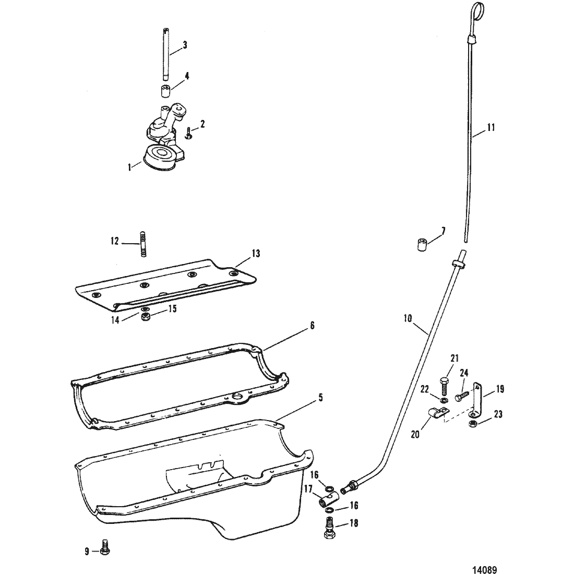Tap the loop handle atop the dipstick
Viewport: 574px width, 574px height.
[477, 9]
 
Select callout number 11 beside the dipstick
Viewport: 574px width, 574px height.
[491, 127]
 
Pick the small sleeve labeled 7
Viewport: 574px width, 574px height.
[423, 245]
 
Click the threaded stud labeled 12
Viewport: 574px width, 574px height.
[143, 244]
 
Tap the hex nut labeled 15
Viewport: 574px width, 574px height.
[145, 316]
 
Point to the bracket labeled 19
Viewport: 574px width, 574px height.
[476, 400]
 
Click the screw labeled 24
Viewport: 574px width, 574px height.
[462, 396]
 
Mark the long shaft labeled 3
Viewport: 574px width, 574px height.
[166, 51]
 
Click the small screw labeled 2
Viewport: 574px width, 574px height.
[188, 132]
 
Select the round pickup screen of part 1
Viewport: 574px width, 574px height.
[160, 156]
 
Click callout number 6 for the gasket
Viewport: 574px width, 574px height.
[312, 325]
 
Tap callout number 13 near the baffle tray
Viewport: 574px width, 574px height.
[256, 253]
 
